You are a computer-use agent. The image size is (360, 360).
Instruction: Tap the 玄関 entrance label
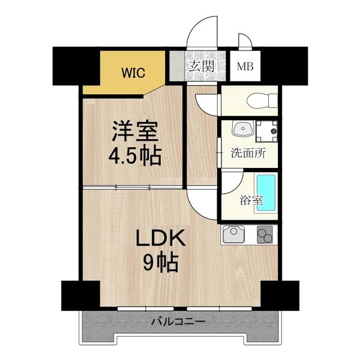(x=200, y=66)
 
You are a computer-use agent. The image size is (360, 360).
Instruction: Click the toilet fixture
(x=258, y=100)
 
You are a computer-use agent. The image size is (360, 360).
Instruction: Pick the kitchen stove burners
(x=265, y=235)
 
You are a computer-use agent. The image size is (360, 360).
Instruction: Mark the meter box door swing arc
(x=245, y=41)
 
